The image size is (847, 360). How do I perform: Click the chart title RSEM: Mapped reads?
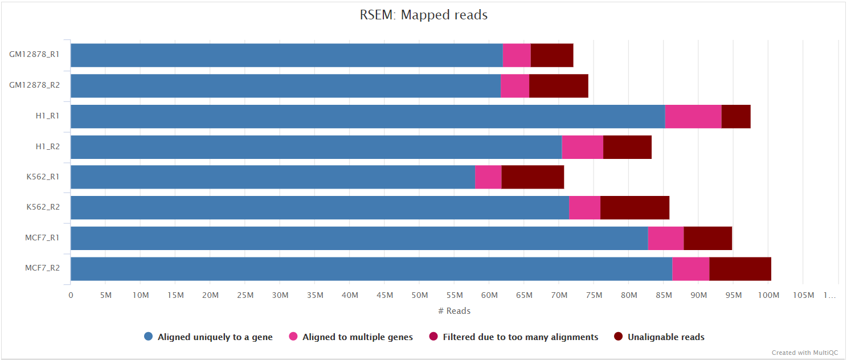(x=423, y=15)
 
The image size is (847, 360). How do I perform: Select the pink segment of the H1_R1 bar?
(x=693, y=116)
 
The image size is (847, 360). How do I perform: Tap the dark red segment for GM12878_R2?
(x=558, y=86)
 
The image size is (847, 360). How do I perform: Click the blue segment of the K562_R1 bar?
(x=272, y=177)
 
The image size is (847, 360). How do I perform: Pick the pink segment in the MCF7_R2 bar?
(x=690, y=269)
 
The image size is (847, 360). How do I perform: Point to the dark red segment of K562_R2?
(x=635, y=208)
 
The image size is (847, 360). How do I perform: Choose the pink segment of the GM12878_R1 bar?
(x=517, y=55)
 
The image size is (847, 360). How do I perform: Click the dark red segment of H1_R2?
(x=627, y=147)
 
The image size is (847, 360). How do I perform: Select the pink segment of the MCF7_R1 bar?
(x=665, y=238)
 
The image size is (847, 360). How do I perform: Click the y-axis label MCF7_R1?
(x=43, y=238)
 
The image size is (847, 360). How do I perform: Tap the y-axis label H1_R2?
(x=48, y=146)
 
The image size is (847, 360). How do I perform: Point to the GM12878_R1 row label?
(x=35, y=55)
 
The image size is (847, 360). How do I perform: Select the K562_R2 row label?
(x=43, y=207)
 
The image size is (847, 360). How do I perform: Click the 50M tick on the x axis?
(x=419, y=295)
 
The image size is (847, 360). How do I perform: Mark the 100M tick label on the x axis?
(x=768, y=295)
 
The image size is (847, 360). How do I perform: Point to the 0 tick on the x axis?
(x=71, y=295)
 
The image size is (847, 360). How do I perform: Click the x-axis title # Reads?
(x=454, y=311)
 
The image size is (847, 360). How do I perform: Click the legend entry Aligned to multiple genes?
(x=357, y=337)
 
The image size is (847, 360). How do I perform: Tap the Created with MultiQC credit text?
(x=805, y=353)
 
